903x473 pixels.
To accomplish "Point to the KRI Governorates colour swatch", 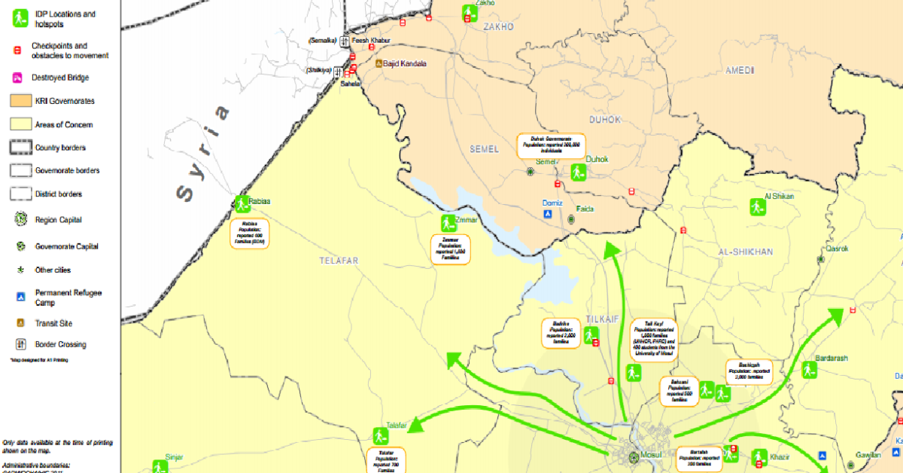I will [x=20, y=101].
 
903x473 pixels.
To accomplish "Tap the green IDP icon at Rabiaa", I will [x=242, y=203].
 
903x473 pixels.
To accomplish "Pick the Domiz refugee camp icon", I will [x=548, y=215].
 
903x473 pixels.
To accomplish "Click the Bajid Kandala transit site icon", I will [x=379, y=64].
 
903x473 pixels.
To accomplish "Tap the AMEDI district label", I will [x=739, y=70].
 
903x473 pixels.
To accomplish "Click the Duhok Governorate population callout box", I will [x=552, y=145].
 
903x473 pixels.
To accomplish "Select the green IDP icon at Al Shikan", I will [x=756, y=206].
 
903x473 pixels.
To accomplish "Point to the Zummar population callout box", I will [x=450, y=249].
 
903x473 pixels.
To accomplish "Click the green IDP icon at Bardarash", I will [x=809, y=370].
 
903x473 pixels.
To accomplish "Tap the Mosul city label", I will [x=651, y=456].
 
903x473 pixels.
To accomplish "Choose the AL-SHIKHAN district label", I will [x=745, y=252].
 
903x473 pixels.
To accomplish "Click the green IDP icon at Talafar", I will [x=380, y=435].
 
